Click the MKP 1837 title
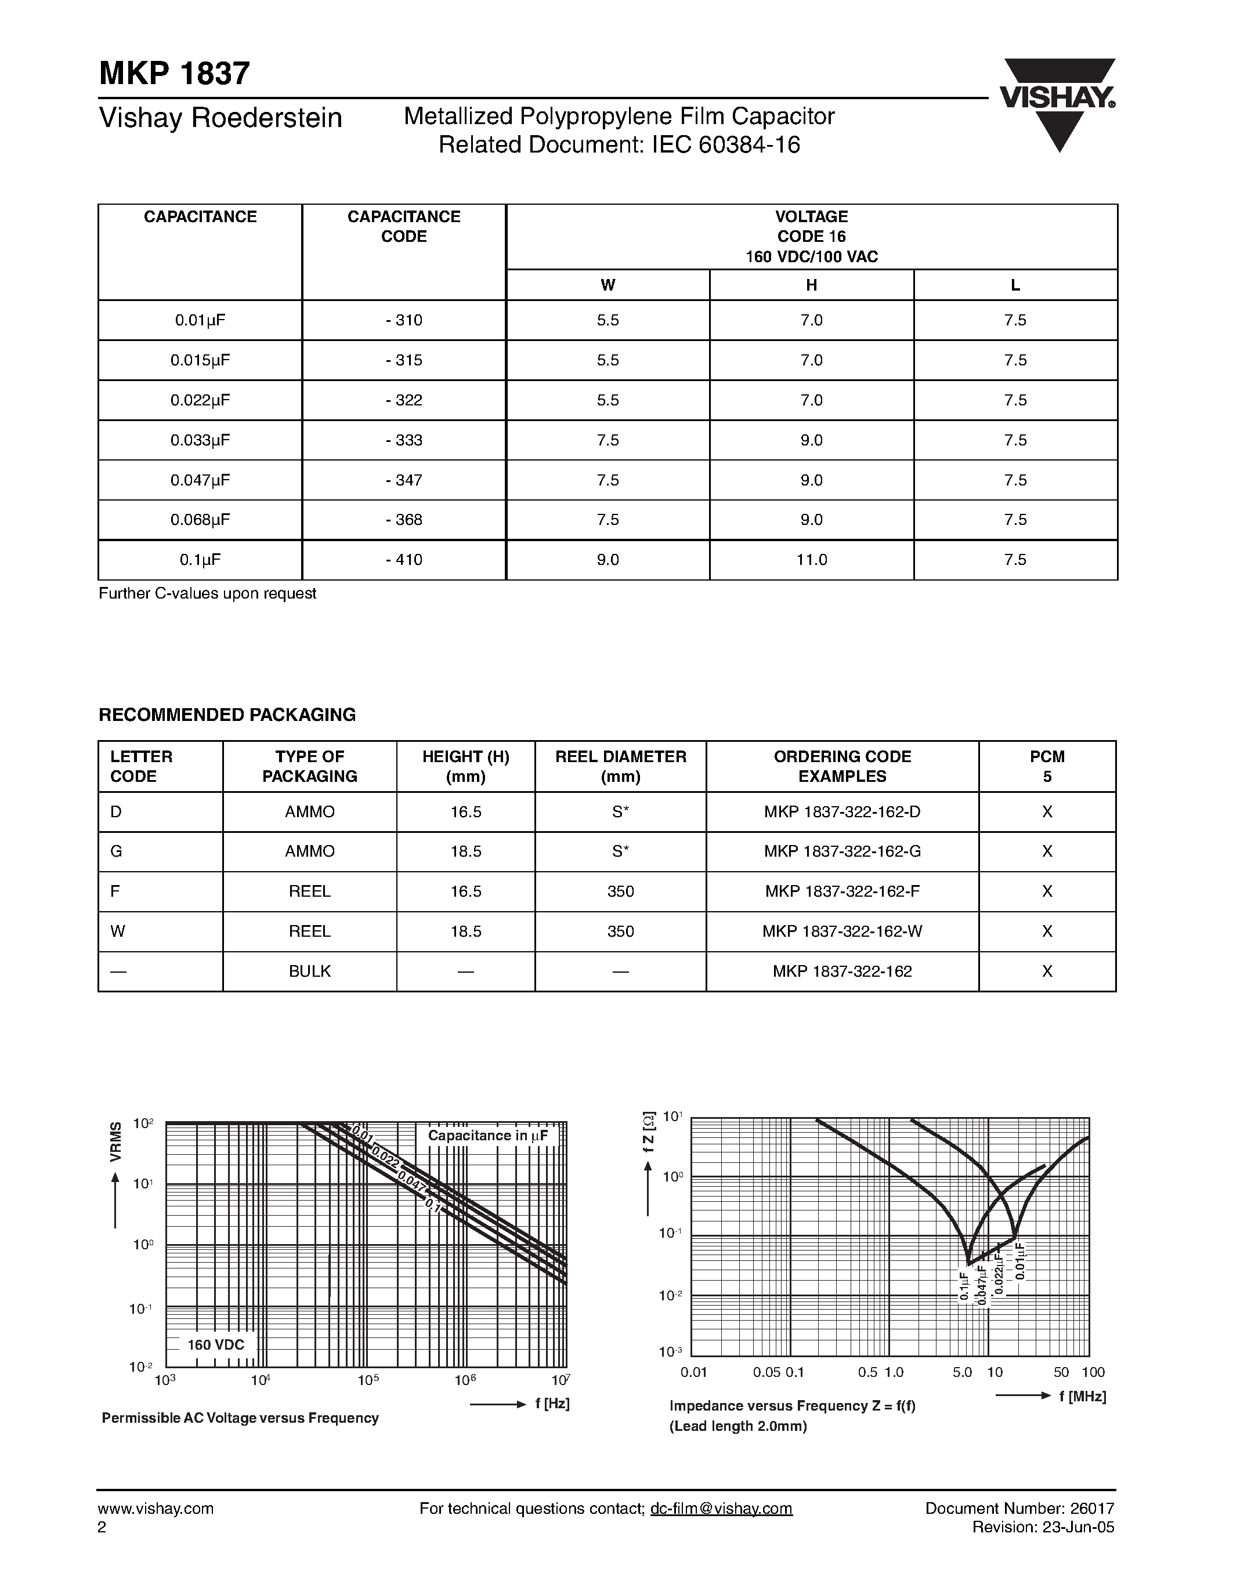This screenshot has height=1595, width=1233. tap(175, 74)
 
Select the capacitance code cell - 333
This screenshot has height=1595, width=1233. tap(404, 440)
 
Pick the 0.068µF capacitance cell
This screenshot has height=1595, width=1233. tap(200, 520)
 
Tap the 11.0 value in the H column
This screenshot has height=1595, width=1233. tap(812, 560)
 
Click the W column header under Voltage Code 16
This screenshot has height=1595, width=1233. tap(608, 285)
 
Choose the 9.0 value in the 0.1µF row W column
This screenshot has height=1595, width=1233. tap(608, 560)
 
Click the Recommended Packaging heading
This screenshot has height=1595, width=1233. tap(227, 715)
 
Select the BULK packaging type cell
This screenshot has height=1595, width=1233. tap(310, 971)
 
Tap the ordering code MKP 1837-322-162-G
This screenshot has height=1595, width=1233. tap(842, 851)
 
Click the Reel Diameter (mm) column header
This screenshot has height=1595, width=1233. tap(621, 766)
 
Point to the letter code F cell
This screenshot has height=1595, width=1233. tap(116, 891)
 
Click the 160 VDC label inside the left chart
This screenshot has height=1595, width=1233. tap(216, 1345)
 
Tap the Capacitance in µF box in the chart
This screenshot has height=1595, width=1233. tap(488, 1136)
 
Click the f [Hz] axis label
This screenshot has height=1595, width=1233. tap(552, 1404)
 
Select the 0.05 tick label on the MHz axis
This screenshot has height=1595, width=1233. tap(767, 1372)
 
